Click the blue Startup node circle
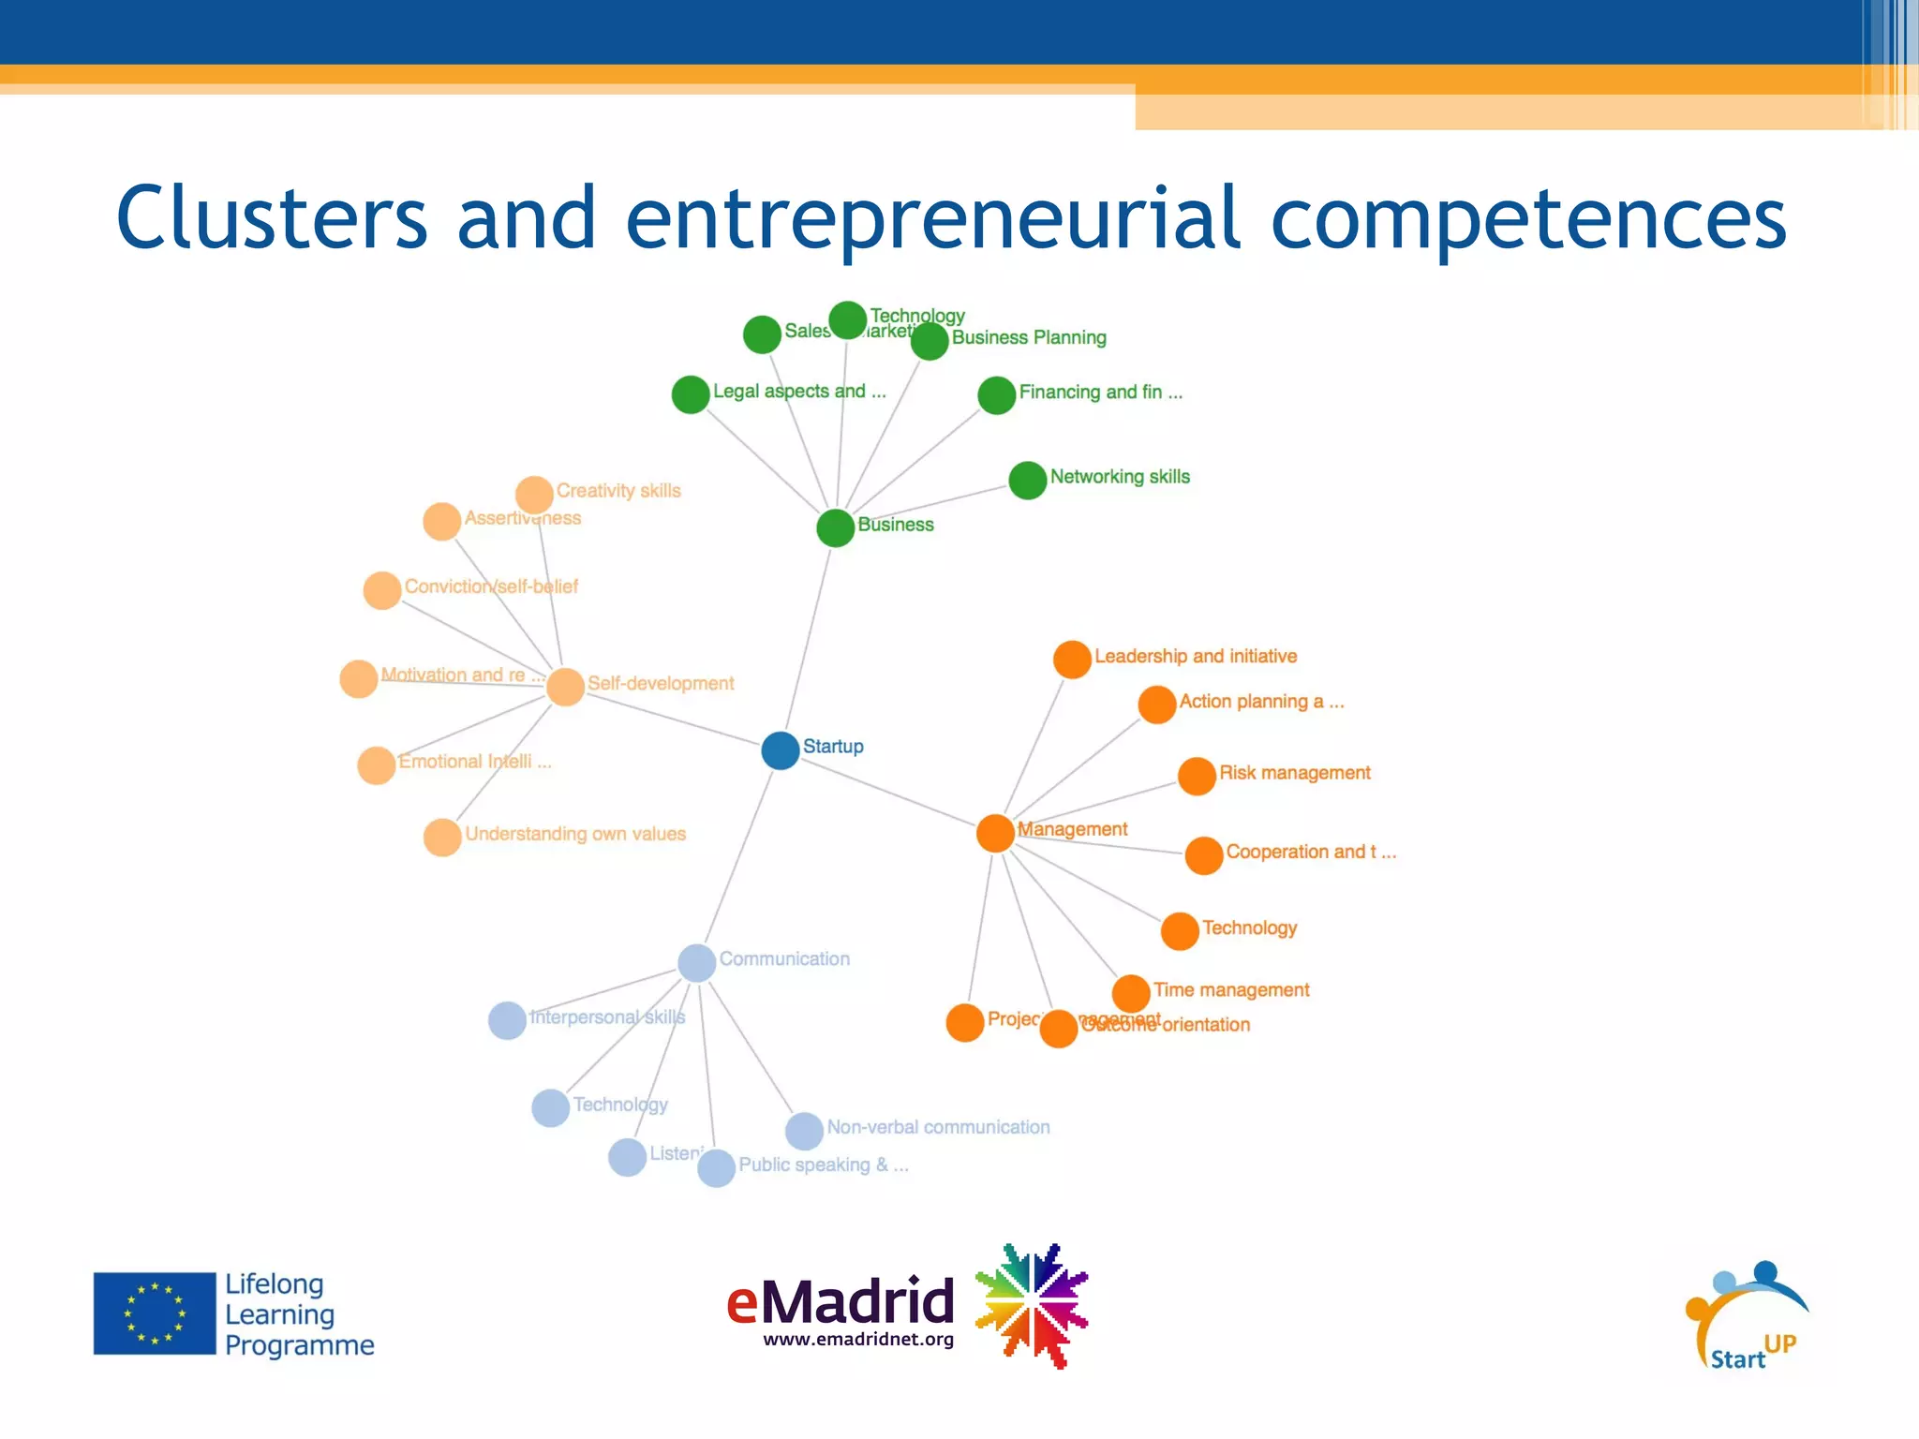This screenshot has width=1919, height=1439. click(780, 750)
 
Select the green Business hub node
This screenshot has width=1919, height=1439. click(835, 527)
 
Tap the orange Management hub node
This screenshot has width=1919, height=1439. click(995, 833)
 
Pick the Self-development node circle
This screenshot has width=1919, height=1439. click(565, 687)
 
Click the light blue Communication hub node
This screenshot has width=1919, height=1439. click(696, 963)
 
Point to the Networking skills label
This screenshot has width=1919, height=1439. click(1120, 477)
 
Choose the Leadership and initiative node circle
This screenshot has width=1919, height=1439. click(1072, 660)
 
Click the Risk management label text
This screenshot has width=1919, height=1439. click(1294, 773)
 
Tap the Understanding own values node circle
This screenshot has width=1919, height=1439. click(442, 838)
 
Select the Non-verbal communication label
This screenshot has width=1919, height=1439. click(938, 1127)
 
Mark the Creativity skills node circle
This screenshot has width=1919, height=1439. click(534, 495)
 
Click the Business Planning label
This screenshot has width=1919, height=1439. click(1029, 337)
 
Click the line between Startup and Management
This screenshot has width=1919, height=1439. click(890, 793)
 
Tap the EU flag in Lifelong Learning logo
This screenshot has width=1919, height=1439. click(155, 1313)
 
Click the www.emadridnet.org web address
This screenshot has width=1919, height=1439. click(858, 1340)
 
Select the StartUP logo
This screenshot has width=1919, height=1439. click(1747, 1316)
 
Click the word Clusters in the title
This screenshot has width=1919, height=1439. click(272, 217)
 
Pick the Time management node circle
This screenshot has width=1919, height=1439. click(1131, 993)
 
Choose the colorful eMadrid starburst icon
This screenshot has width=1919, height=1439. click(1032, 1305)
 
